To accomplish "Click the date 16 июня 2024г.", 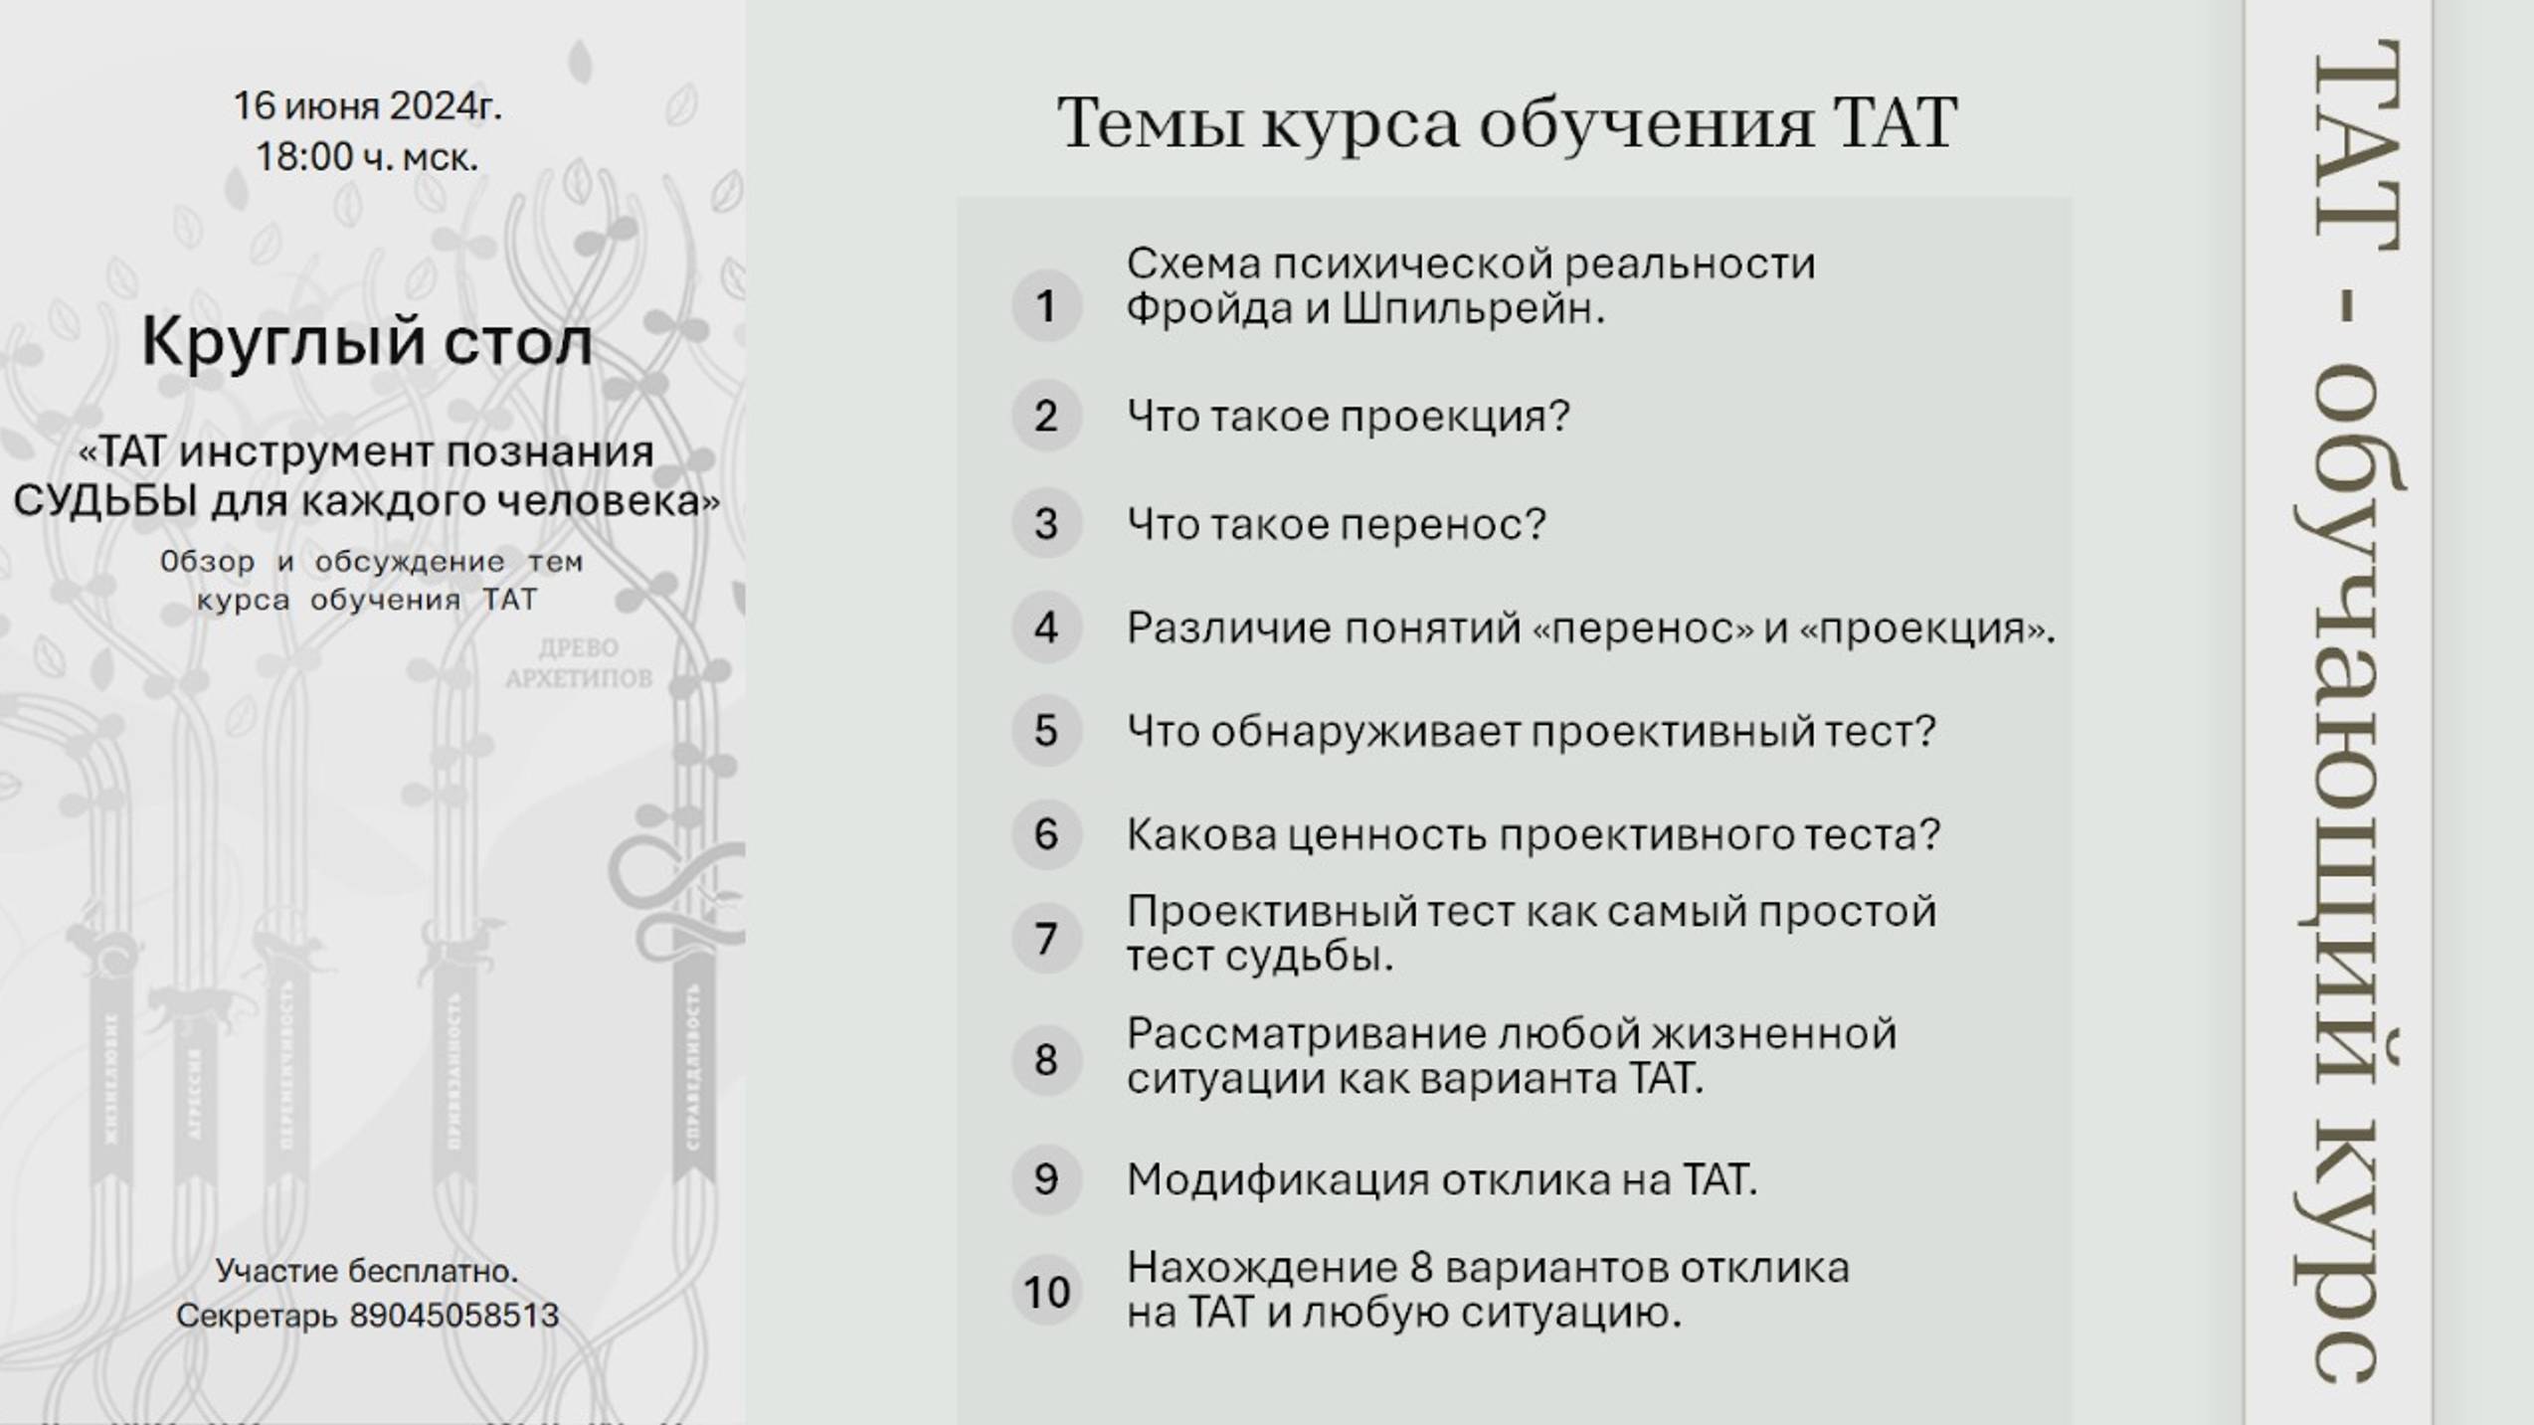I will tap(367, 105).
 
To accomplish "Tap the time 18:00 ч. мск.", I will tap(367, 157).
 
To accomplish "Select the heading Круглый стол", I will tap(367, 341).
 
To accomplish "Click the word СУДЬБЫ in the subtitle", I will tap(105, 500).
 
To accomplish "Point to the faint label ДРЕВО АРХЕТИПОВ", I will tap(578, 663).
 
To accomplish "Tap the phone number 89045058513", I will tap(454, 1316).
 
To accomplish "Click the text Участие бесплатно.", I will tap(367, 1271).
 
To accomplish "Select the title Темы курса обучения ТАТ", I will tap(1507, 122).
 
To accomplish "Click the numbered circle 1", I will tap(1045, 306).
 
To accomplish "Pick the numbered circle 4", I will tap(1045, 627).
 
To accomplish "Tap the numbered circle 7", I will tap(1045, 939).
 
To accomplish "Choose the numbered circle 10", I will tap(1045, 1292).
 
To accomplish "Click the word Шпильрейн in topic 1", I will tap(1473, 310).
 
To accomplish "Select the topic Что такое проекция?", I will tap(1348, 416).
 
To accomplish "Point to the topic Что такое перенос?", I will tap(1336, 524).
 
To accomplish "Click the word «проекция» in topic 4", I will tap(1925, 628).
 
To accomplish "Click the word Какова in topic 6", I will tap(1200, 834).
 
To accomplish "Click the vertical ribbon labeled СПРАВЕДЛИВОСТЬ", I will tap(693, 1069).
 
